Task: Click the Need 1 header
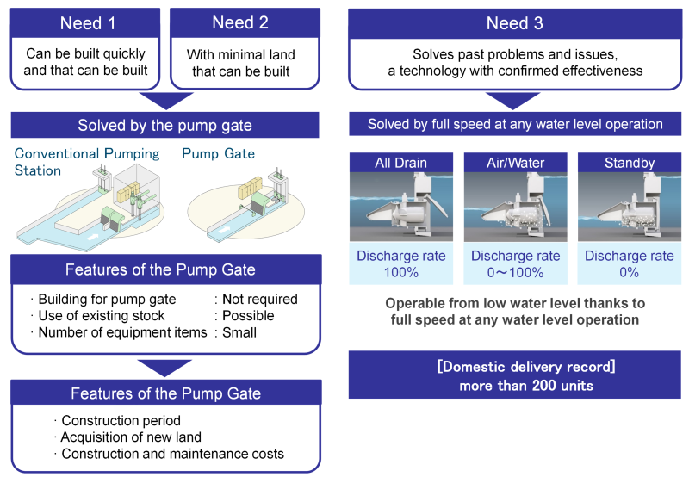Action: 88,23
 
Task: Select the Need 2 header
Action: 240,22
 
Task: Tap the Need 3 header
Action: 514,23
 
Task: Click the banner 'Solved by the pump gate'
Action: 164,125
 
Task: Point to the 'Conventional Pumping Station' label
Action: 87,162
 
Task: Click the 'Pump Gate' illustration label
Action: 219,153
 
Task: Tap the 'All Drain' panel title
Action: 400,163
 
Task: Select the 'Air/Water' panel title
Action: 515,163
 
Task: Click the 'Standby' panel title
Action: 630,163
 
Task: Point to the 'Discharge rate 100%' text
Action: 400,263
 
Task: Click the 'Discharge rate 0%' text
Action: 630,263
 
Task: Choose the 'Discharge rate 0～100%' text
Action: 515,263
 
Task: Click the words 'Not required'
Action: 260,299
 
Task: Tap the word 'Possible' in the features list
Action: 248,315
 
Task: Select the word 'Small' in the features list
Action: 239,332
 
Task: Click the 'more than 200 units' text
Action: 526,386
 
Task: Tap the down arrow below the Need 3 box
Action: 512,101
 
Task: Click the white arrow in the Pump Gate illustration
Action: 225,229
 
